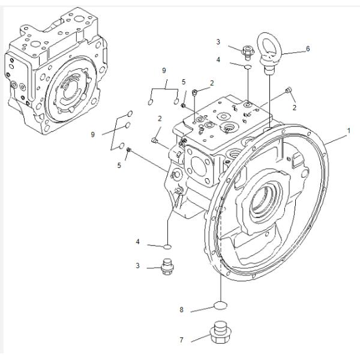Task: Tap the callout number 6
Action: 308,49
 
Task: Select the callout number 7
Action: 181,340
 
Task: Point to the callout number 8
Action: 181,310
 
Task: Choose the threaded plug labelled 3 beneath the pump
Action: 167,266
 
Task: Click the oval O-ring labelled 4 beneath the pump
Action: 169,246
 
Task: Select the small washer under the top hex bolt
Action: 247,68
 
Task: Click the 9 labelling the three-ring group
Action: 93,135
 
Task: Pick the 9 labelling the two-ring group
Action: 164,71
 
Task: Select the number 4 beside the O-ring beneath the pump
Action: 137,242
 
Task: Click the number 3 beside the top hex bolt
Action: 219,41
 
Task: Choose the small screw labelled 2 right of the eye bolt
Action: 289,91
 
